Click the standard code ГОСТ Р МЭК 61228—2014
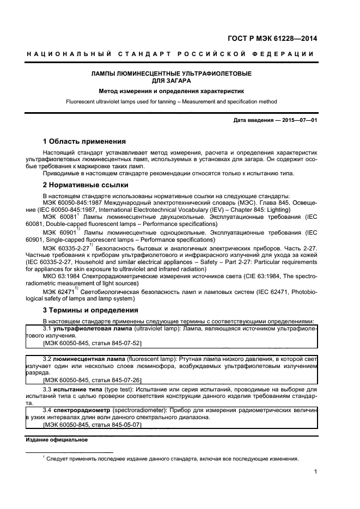coord(272,39)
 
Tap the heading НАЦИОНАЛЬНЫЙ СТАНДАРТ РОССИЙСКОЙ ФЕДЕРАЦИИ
coord(170,54)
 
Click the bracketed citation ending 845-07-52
coord(91,344)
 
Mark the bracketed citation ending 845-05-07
coord(91,424)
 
